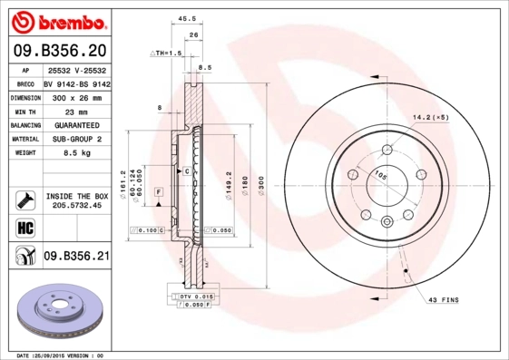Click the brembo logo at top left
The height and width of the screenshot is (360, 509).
pyautogui.click(x=57, y=21)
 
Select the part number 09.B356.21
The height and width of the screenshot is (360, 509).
pyautogui.click(x=77, y=258)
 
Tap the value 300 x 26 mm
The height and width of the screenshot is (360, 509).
pyautogui.click(x=77, y=96)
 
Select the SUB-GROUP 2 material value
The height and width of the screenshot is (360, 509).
pyautogui.click(x=77, y=140)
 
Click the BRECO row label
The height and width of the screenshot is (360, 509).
pyautogui.click(x=26, y=83)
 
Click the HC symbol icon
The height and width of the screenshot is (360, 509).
pyautogui.click(x=26, y=227)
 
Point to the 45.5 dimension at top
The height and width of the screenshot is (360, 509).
pyautogui.click(x=188, y=18)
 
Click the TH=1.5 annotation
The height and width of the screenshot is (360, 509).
pyautogui.click(x=165, y=54)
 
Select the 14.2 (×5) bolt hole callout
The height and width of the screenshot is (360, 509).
pyautogui.click(x=431, y=117)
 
